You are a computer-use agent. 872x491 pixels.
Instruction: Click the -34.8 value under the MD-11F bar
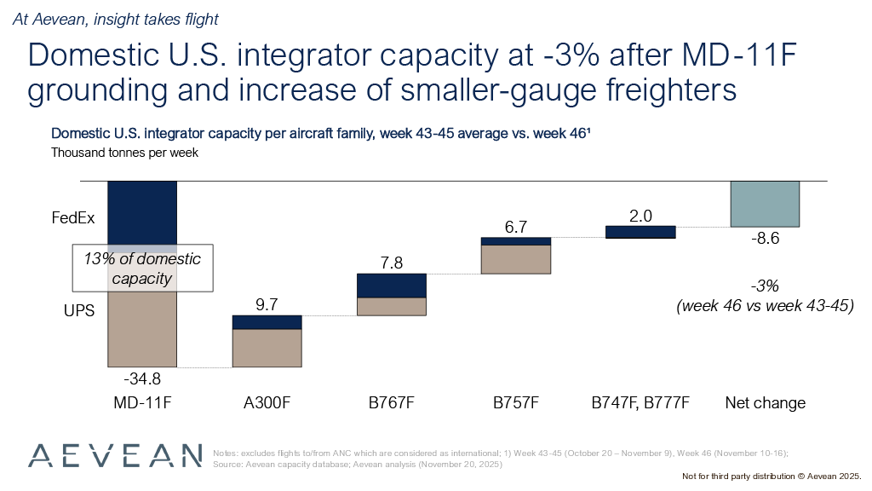(141, 378)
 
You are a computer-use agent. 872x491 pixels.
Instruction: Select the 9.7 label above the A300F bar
(267, 304)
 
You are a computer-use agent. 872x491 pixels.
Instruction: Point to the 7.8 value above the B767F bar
(391, 263)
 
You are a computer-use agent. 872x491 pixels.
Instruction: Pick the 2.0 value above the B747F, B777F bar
(640, 216)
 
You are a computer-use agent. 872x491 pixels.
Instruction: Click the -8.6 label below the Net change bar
(765, 240)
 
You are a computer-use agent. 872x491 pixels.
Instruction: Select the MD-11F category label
(141, 402)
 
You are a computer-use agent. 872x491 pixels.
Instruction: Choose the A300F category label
(267, 402)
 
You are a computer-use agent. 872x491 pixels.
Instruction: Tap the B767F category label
(391, 402)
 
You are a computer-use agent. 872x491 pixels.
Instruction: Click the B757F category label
(515, 402)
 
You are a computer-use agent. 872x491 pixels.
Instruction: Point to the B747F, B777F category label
(640, 402)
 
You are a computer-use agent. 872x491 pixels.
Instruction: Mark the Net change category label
(765, 402)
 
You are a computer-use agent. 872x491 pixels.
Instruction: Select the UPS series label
(77, 311)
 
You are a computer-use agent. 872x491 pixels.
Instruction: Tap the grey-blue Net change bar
(765, 204)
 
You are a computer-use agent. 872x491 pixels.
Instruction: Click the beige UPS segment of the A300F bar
(267, 348)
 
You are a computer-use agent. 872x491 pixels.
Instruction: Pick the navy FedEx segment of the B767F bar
(391, 285)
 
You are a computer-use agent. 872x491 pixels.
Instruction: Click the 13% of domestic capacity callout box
(141, 269)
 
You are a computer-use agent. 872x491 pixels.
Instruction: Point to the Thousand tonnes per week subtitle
(124, 153)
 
